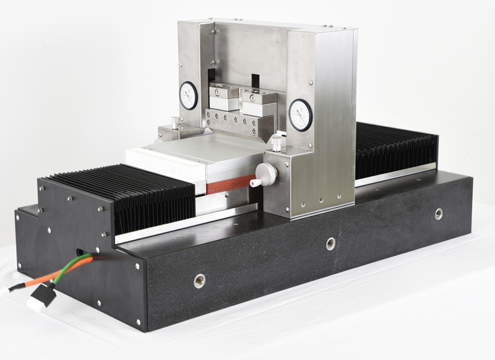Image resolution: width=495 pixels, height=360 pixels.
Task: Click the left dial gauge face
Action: pos(188,95)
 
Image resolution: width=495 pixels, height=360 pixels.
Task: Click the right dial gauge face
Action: pos(300,114)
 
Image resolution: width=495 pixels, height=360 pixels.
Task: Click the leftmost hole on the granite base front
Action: pos(199,280)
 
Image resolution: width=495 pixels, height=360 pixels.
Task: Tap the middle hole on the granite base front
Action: pos(331,243)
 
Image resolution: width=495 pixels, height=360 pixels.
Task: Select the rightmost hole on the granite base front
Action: pos(439,213)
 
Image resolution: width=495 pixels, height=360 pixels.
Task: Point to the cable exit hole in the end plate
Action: pos(79,254)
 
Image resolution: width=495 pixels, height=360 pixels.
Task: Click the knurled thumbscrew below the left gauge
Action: pos(175,121)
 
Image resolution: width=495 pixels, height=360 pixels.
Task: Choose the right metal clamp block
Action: pos(259,103)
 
